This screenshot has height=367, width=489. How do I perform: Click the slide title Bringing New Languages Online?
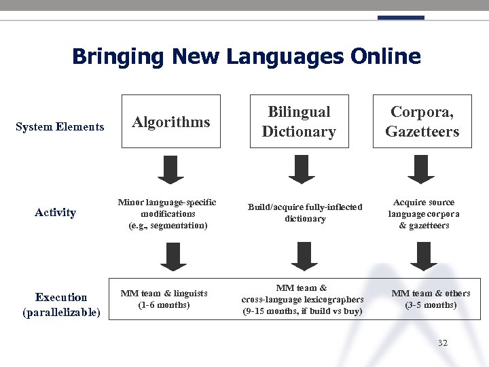click(246, 56)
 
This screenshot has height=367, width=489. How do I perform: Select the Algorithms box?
click(170, 122)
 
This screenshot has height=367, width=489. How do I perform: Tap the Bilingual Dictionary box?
click(299, 122)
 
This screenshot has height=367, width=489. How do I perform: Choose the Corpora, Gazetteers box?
click(422, 122)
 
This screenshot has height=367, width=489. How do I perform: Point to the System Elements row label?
click(60, 126)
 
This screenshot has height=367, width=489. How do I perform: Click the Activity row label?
click(55, 212)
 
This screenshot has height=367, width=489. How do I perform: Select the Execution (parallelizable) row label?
click(61, 304)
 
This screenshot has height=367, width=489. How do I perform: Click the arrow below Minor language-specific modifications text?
click(174, 256)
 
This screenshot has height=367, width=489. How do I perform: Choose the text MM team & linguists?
click(164, 293)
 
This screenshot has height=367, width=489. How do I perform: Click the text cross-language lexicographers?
click(302, 299)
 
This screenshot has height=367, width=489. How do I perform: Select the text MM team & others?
click(431, 293)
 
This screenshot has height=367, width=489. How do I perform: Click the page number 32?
click(443, 343)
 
